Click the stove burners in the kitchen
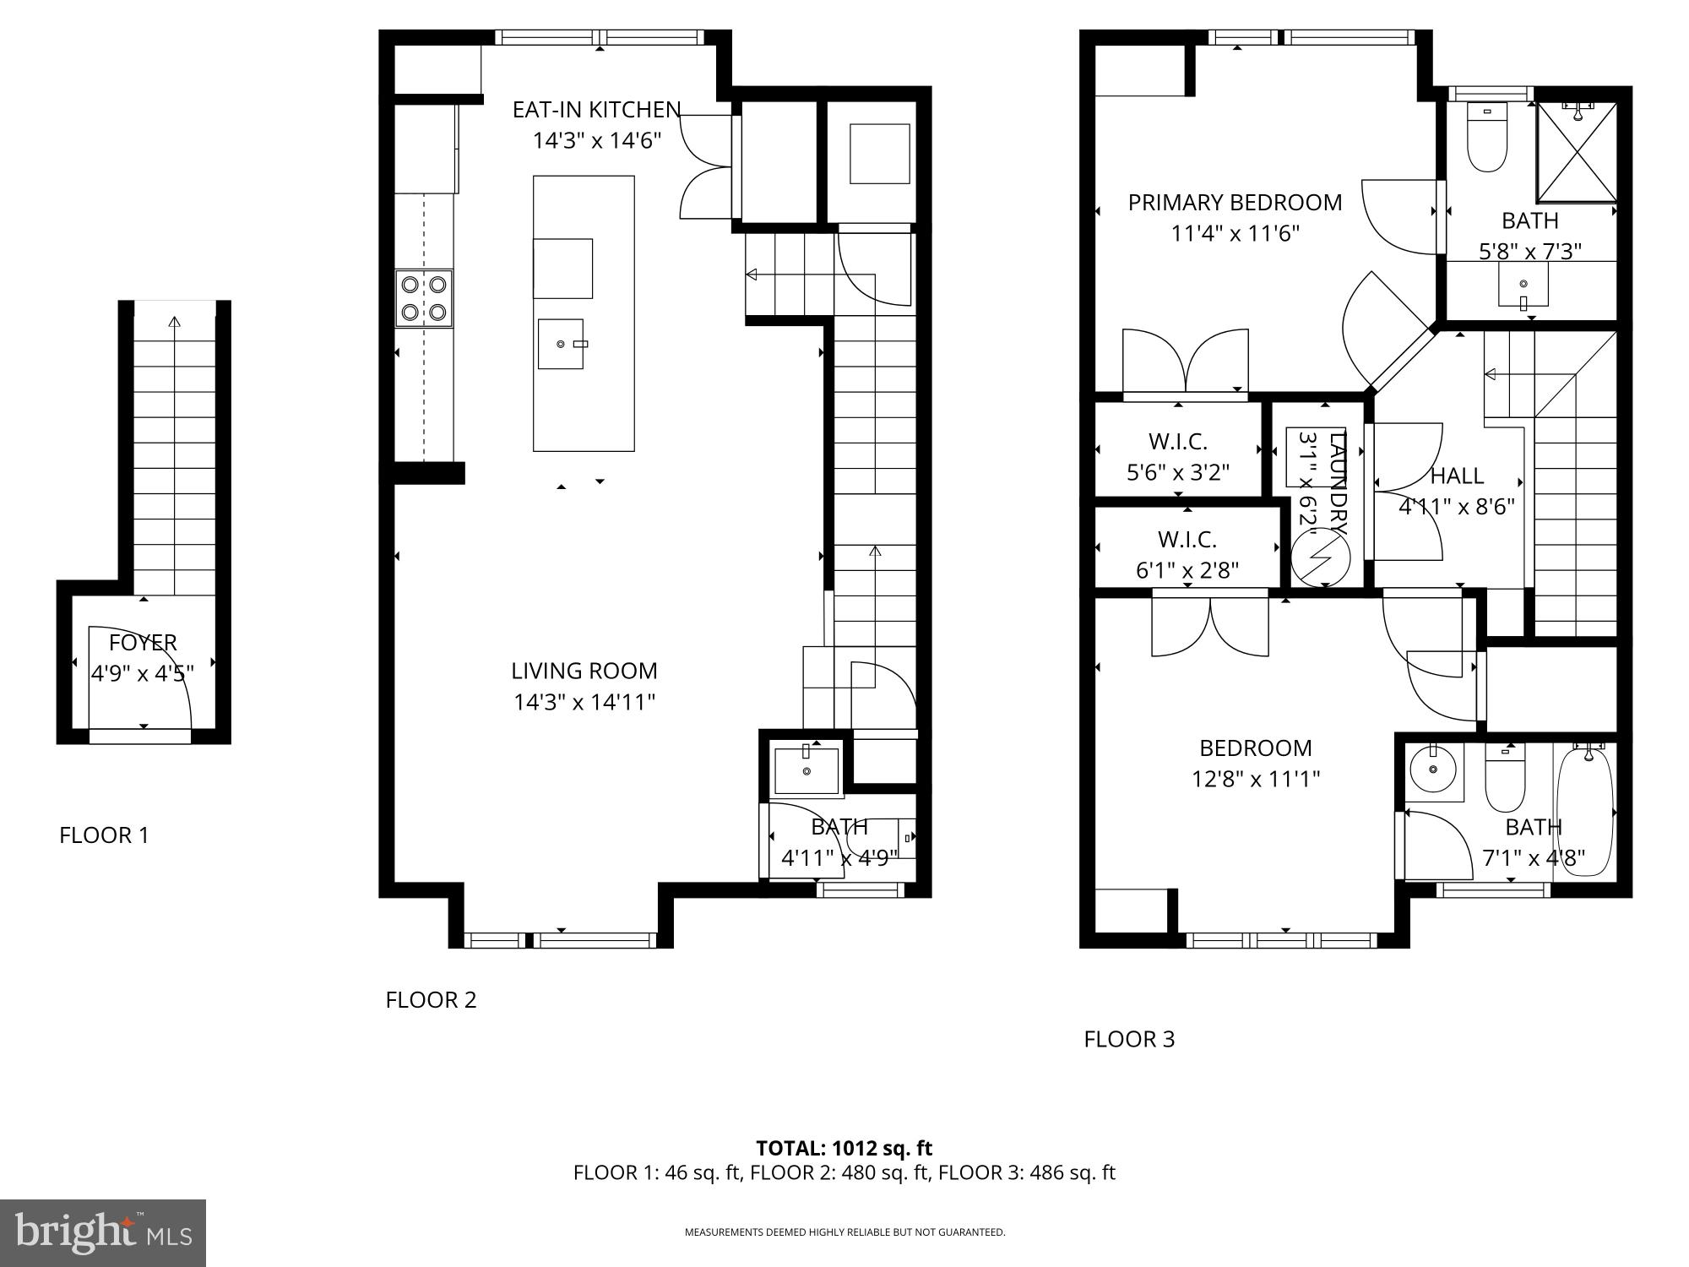pos(424,298)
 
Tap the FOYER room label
pos(143,643)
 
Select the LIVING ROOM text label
pos(584,671)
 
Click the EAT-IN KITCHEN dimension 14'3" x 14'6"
pos(595,140)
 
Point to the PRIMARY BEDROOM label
pos(1235,203)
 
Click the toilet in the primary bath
pos(1487,139)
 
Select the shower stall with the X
pos(1575,153)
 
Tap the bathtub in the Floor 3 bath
pos(1584,811)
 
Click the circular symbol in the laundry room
pos(1321,560)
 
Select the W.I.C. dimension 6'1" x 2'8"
pos(1187,571)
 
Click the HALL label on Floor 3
pos(1457,476)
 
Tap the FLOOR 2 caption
pos(431,1000)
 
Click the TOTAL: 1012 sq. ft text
pos(844,1148)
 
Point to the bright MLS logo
pos(103,1233)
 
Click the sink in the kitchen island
pos(561,344)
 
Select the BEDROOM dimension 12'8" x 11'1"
pos(1255,779)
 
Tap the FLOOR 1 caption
pos(104,835)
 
